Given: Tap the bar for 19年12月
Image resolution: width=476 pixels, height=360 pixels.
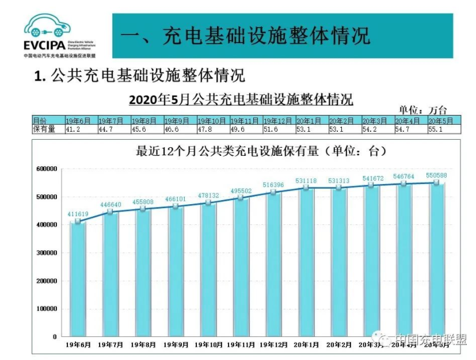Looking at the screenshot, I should tap(273, 265).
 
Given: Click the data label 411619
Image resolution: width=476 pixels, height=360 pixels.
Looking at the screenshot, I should tap(77, 215).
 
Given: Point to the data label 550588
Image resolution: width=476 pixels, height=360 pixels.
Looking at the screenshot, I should tap(436, 175).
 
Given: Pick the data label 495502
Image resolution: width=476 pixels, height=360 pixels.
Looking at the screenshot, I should tap(240, 190).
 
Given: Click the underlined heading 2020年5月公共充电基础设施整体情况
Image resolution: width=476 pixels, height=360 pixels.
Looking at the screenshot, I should tap(241, 98).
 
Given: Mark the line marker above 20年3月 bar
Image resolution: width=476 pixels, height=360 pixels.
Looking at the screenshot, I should tap(371, 186).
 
